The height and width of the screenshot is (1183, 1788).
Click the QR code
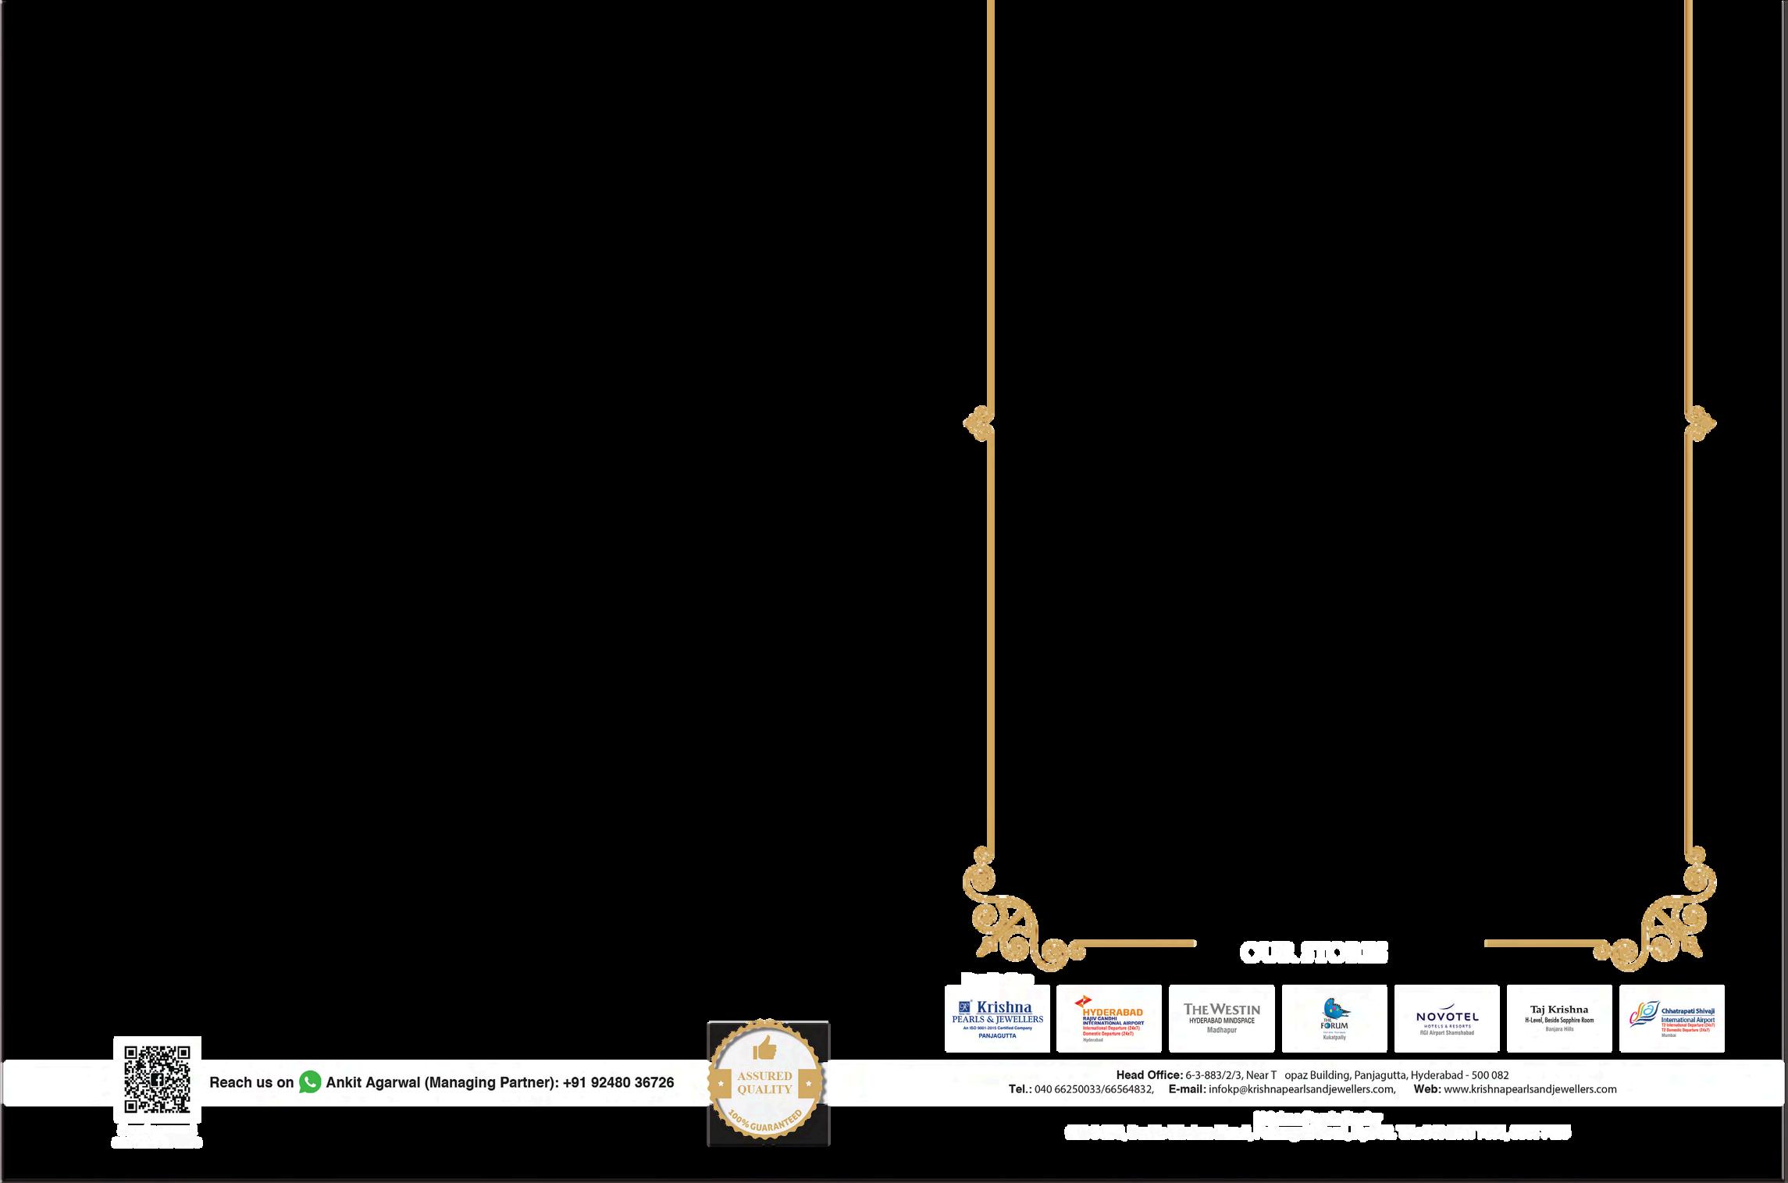[157, 1079]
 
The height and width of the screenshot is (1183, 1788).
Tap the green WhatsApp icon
[310, 1082]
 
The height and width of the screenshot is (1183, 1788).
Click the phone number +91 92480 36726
[618, 1083]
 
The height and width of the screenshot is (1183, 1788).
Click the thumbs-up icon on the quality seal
[764, 1047]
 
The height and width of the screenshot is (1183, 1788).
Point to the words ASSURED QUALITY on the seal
[764, 1083]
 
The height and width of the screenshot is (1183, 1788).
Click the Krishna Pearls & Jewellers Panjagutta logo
[997, 1018]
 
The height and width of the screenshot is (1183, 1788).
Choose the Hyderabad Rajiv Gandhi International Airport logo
[1109, 1018]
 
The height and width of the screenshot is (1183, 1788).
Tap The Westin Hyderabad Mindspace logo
[1221, 1018]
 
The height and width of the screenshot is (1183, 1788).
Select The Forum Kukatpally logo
[1334, 1018]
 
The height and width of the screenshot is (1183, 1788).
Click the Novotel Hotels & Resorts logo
[1447, 1018]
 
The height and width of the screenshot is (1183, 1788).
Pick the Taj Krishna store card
[1559, 1018]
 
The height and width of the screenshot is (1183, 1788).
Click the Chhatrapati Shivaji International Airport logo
[1672, 1018]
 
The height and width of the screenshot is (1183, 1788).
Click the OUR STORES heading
[1314, 953]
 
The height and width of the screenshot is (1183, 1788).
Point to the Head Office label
[1149, 1075]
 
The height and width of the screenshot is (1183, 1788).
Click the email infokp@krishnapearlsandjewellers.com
[1301, 1089]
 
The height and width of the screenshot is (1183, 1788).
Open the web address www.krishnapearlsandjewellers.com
[1530, 1089]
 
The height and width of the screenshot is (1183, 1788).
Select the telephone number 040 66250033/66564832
[1093, 1089]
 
